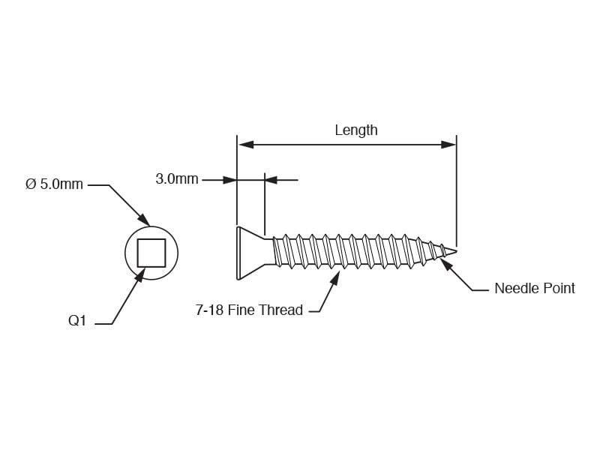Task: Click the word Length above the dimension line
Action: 355,130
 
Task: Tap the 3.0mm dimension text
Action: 177,178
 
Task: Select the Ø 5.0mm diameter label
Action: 54,184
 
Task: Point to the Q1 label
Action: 77,320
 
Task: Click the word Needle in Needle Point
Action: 517,288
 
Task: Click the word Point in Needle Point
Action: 559,288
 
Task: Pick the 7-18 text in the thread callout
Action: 209,310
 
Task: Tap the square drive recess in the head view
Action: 151,253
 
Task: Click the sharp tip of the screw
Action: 456,251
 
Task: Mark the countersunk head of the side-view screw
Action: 250,253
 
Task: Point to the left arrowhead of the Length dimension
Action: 246,145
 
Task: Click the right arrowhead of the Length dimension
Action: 448,145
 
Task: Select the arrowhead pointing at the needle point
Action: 445,265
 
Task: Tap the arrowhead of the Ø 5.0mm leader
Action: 143,220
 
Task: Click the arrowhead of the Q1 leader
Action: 140,274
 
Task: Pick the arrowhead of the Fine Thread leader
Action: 334,278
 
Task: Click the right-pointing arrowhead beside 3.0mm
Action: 229,180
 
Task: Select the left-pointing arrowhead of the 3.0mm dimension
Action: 271,180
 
